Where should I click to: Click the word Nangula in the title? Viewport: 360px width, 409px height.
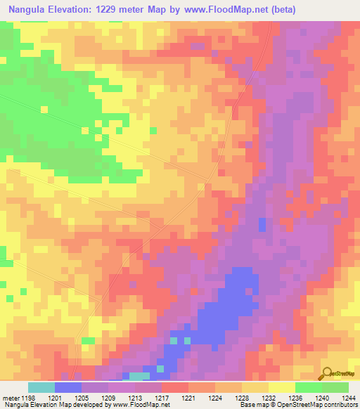(x=30, y=10)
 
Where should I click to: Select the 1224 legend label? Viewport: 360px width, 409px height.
(x=214, y=398)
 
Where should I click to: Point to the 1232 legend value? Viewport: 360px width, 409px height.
(x=267, y=398)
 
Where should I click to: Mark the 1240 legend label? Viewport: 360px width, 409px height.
(x=321, y=398)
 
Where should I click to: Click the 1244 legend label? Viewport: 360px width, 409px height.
(x=347, y=398)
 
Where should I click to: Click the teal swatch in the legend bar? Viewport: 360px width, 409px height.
(x=41, y=387)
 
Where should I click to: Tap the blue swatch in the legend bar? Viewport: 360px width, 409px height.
(x=67, y=387)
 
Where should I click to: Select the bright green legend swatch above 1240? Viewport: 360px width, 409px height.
(x=309, y=387)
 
